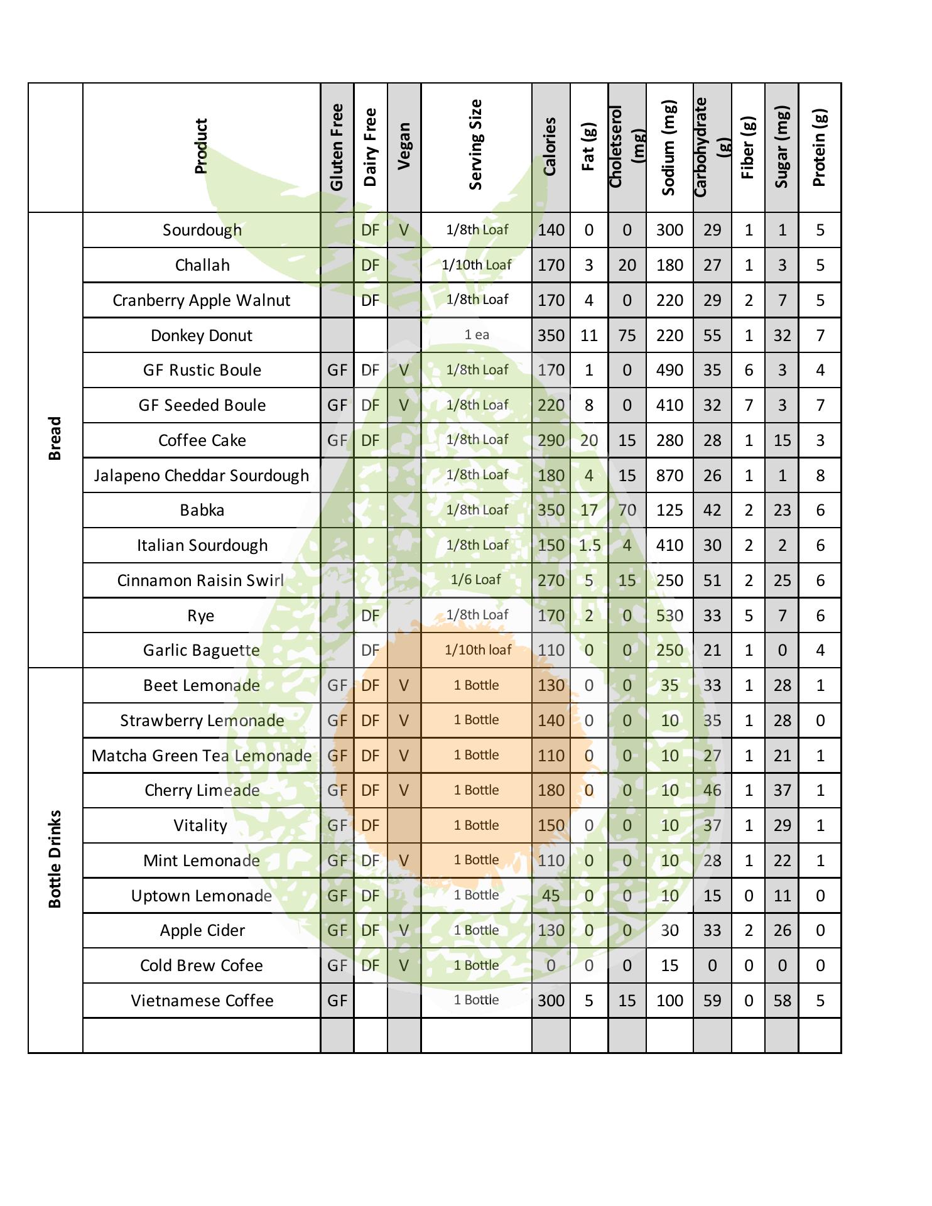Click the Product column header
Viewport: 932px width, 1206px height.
(201, 146)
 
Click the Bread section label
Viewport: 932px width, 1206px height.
(55, 438)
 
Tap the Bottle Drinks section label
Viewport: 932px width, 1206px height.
(55, 859)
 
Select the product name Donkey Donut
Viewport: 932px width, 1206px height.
(202, 335)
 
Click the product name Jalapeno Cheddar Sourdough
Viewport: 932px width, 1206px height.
(202, 475)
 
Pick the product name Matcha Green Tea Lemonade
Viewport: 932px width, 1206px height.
(202, 756)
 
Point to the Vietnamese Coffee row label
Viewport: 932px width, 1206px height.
(202, 1001)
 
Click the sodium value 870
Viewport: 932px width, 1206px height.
(669, 475)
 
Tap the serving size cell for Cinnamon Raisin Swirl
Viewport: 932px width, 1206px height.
(476, 580)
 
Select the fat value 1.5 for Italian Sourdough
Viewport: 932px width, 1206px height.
(589, 545)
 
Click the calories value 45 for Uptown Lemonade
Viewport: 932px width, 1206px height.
(550, 896)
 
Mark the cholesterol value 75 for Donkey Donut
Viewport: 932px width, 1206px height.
(627, 335)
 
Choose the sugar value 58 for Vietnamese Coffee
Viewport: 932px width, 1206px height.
(782, 1001)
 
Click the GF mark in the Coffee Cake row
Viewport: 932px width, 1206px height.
(337, 440)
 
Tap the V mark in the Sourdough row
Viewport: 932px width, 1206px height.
(404, 230)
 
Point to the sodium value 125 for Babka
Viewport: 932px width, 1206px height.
(669, 510)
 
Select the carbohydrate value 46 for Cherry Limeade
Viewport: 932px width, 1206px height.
(712, 790)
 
